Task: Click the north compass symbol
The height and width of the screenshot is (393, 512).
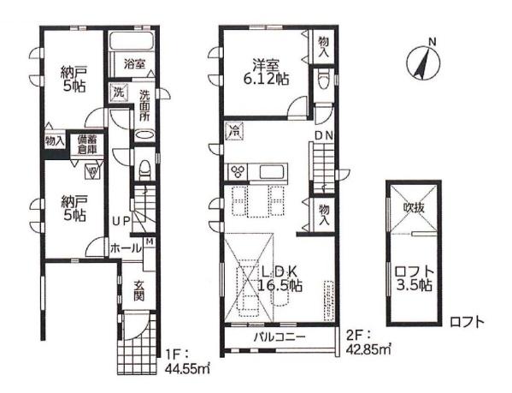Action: pos(423,63)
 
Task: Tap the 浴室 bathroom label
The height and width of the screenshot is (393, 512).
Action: pos(134,63)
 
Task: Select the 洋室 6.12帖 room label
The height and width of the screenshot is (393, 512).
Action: pos(266,72)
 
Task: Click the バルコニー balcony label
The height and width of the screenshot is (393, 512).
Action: pos(280,336)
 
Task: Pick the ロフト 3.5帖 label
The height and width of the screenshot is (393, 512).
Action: pos(415,278)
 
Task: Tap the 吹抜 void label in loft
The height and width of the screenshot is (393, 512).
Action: pos(414,207)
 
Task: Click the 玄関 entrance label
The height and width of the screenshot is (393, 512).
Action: pos(139,290)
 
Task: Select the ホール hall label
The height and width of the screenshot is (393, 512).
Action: pos(126,248)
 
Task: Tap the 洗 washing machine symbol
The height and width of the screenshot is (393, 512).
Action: pos(119,92)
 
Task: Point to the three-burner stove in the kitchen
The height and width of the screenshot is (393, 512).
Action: pos(238,171)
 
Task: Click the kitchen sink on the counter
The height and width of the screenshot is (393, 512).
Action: pos(272,171)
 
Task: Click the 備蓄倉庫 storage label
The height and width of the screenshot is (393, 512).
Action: pos(87,145)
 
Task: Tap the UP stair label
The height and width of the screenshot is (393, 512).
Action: pos(121,220)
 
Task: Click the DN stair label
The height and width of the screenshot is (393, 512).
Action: pos(324,135)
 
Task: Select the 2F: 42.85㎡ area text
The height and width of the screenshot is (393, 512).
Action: pos(368,342)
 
